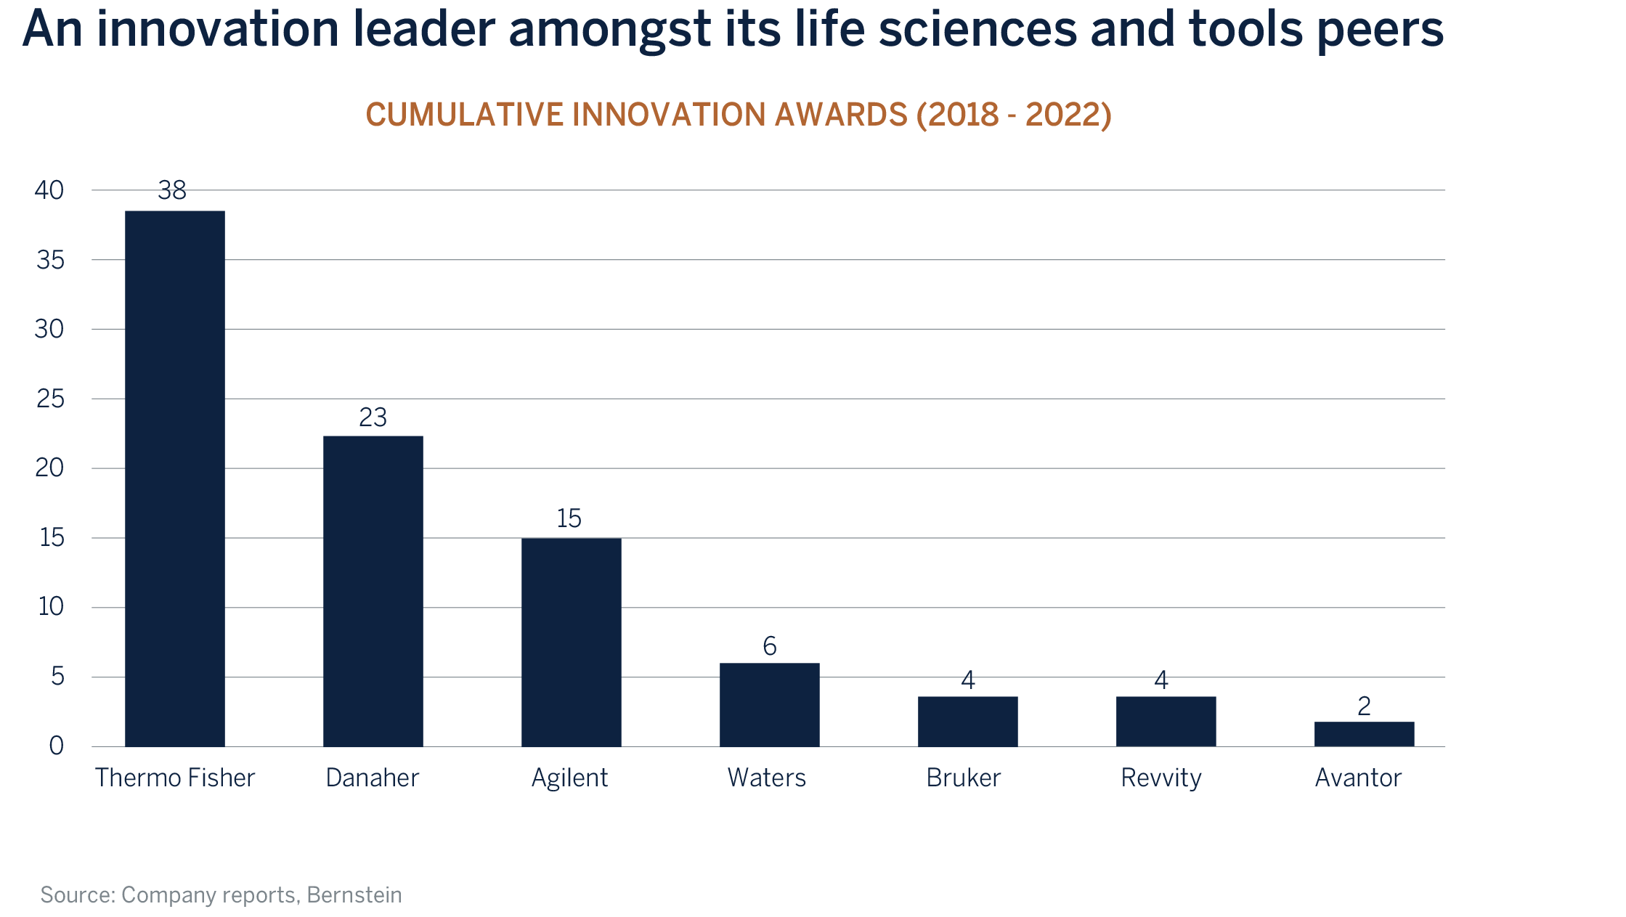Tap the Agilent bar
pyautogui.click(x=571, y=642)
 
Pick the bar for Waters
pyautogui.click(x=769, y=704)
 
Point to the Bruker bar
pyautogui.click(x=967, y=721)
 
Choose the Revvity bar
pyautogui.click(x=1166, y=721)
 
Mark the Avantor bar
pyautogui.click(x=1364, y=733)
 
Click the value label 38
pyautogui.click(x=172, y=190)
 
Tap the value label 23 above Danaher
pyautogui.click(x=373, y=417)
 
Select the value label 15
pyautogui.click(x=569, y=518)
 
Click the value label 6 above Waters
pyautogui.click(x=770, y=646)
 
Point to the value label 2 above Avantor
pyautogui.click(x=1364, y=706)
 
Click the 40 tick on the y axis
pyautogui.click(x=49, y=190)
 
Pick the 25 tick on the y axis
pyautogui.click(x=50, y=399)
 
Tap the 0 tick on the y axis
pyautogui.click(x=56, y=746)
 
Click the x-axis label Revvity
pyautogui.click(x=1160, y=778)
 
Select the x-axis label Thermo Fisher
pyautogui.click(x=175, y=778)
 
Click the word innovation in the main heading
pyautogui.click(x=218, y=30)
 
